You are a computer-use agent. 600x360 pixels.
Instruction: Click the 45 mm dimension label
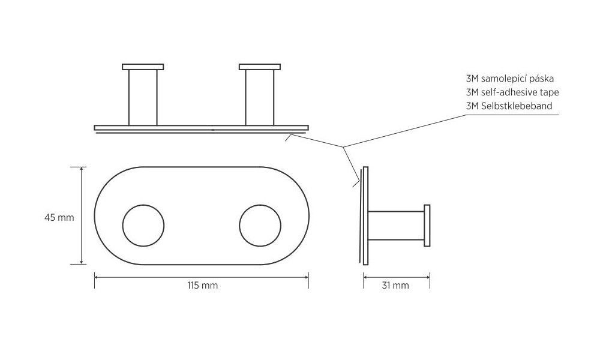click(x=59, y=218)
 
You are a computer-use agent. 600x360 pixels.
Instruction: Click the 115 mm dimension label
click(x=202, y=286)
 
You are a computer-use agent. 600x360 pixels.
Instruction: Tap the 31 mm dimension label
click(x=395, y=286)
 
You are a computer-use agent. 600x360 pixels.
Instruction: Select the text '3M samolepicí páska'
click(x=509, y=79)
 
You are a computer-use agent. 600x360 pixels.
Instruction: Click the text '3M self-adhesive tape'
click(x=512, y=92)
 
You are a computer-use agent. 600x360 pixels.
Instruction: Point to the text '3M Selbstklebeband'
click(x=509, y=106)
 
